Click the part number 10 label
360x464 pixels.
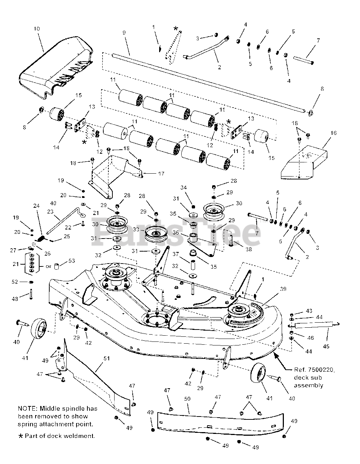(36, 29)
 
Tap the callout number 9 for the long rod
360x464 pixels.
(124, 33)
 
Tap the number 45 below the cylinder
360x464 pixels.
(326, 347)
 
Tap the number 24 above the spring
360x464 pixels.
(36, 206)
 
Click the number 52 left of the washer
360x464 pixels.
(15, 282)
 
